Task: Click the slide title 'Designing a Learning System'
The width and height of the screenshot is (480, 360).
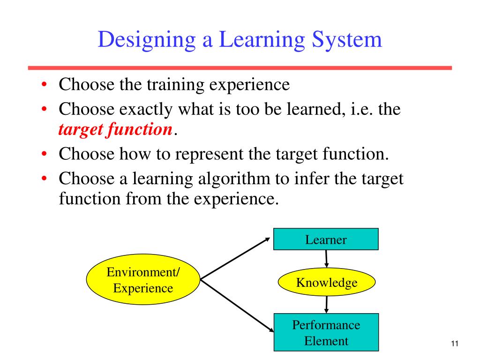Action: click(x=240, y=40)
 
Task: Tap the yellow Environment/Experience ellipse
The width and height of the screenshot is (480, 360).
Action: click(x=143, y=280)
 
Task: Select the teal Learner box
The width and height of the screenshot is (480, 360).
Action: click(x=326, y=240)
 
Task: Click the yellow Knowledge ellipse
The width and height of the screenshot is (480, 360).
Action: click(x=327, y=283)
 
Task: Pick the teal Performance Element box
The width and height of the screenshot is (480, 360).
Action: click(x=326, y=333)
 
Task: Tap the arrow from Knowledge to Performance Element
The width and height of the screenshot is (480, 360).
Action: click(x=326, y=304)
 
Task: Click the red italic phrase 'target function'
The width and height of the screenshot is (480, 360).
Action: click(x=115, y=130)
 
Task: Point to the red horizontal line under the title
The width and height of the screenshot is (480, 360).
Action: click(x=240, y=68)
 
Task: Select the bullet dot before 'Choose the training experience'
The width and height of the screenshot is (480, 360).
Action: click(x=43, y=86)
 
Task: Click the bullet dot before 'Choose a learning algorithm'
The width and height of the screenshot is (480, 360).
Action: click(x=43, y=179)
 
